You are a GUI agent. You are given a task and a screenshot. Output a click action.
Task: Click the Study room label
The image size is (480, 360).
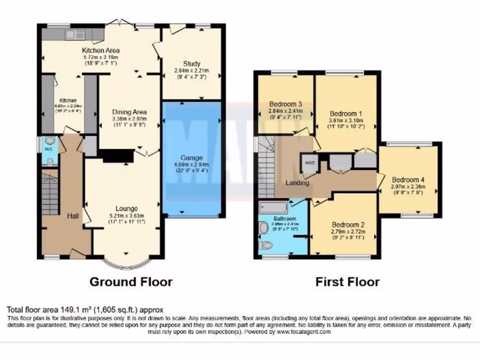192,64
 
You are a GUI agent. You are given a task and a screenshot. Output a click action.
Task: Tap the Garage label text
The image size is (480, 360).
193,157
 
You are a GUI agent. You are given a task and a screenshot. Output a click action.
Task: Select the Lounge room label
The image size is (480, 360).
127,209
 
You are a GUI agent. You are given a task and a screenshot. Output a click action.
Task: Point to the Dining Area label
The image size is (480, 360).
129,112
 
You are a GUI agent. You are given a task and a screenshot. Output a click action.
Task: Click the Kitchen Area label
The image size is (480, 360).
101,50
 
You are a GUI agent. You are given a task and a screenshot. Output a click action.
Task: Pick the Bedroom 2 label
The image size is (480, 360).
348,224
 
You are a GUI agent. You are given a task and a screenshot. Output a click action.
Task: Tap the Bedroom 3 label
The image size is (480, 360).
285,104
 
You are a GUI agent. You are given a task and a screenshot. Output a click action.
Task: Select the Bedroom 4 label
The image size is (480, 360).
408,180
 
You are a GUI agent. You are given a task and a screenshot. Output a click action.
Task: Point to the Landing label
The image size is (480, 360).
297,183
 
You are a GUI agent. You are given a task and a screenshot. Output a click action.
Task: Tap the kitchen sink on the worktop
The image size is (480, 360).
76,34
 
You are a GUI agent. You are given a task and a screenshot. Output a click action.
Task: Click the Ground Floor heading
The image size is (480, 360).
131,282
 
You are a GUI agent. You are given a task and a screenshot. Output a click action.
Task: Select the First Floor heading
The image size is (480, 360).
347,282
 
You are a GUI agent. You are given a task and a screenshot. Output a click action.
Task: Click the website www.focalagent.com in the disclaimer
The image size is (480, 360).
304,331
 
